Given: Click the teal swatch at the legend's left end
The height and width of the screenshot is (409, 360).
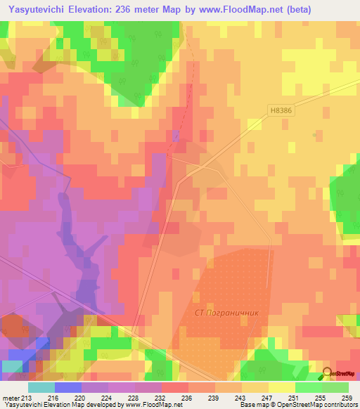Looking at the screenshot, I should pyautogui.click(x=41, y=387).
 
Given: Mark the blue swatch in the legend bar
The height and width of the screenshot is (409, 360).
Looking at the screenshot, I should pyautogui.click(x=67, y=387).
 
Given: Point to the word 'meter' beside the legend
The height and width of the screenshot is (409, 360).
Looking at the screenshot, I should pyautogui.click(x=11, y=398).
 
